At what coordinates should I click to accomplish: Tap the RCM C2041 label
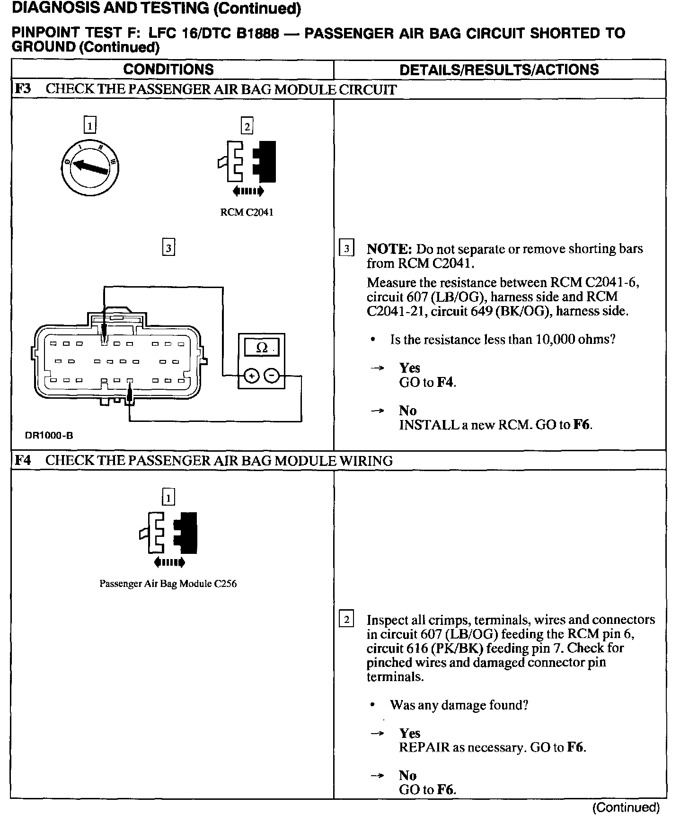tap(247, 212)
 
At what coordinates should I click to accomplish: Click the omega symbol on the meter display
tap(261, 348)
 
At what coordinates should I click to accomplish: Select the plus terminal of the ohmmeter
tap(251, 376)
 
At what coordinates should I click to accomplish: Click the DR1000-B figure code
tap(49, 436)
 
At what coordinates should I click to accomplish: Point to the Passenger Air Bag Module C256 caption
tap(168, 584)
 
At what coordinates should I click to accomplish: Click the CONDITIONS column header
tap(168, 70)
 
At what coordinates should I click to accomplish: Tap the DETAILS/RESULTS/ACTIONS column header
tap(499, 70)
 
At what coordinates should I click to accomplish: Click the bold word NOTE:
tap(389, 249)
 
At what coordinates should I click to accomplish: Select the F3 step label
tap(23, 89)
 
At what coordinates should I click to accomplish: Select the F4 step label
tap(23, 460)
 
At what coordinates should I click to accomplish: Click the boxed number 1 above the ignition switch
tap(89, 125)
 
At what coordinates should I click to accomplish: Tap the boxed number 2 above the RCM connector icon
tap(247, 126)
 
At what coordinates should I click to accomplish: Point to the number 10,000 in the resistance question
tap(556, 339)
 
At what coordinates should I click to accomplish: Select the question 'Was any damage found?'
tap(459, 705)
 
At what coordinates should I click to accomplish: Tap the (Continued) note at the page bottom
tap(626, 807)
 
